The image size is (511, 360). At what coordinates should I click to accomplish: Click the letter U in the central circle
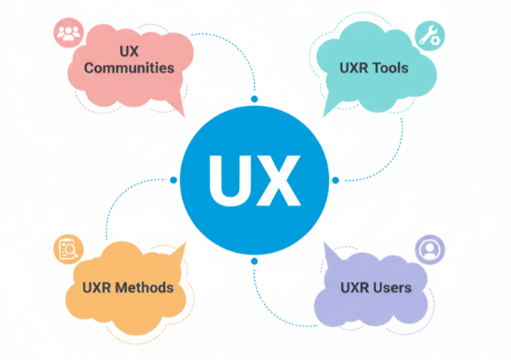(230, 180)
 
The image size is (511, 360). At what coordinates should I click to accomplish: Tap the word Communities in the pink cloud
(129, 68)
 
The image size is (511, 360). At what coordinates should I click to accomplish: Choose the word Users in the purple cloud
(391, 287)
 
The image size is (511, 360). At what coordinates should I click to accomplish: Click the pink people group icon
(69, 33)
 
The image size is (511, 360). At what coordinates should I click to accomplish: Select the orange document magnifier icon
(68, 250)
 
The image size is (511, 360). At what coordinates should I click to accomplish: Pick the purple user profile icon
(428, 249)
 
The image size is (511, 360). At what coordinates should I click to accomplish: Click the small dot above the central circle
(254, 99)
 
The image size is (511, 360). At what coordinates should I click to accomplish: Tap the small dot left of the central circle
(173, 179)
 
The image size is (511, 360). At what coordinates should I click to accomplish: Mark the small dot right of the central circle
(335, 179)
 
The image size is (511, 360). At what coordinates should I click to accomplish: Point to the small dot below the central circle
(254, 260)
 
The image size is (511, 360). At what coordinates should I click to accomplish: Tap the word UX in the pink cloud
(129, 50)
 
